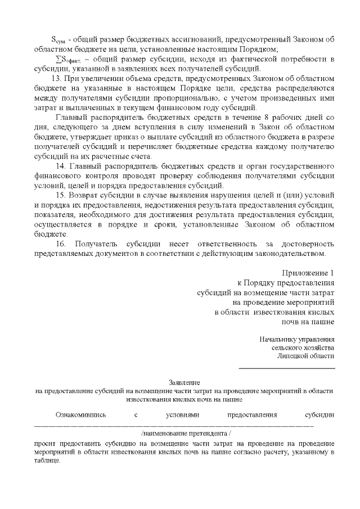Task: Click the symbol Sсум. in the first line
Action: (58, 40)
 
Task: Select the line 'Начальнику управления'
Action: (297, 339)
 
